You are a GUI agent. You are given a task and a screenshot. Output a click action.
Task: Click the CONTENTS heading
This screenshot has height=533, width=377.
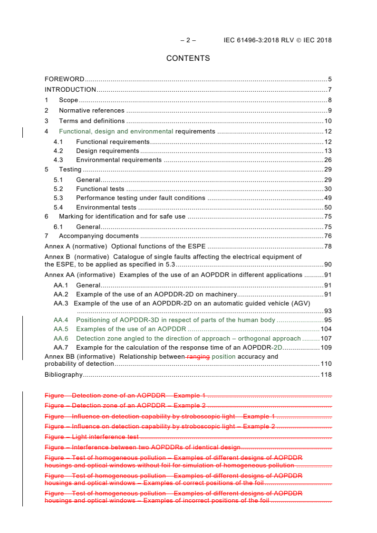[188, 58]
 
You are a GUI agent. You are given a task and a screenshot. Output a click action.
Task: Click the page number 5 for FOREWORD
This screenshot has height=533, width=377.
[329, 79]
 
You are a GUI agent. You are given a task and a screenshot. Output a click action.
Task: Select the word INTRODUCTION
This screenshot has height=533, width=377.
[70, 90]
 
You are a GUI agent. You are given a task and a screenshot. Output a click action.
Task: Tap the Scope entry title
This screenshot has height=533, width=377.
[68, 100]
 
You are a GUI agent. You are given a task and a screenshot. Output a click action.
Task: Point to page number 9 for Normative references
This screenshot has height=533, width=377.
[329, 111]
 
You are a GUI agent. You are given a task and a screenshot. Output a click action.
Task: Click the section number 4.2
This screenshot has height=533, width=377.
[58, 151]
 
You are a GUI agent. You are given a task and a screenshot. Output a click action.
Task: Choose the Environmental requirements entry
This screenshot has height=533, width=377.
[119, 160]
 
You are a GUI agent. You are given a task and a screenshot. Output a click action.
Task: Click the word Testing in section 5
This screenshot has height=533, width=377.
[70, 170]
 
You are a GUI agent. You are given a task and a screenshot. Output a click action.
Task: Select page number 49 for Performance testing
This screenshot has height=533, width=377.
[328, 198]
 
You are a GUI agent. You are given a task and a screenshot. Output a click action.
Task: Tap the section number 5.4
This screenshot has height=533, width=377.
[58, 208]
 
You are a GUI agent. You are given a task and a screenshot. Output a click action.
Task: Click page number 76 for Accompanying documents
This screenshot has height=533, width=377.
[328, 236]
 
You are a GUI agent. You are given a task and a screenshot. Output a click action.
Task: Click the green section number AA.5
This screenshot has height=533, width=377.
[61, 329]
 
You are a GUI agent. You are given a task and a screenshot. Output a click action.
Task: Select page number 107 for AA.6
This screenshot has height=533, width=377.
[326, 339]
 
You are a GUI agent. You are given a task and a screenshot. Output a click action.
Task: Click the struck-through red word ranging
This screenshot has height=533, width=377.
[199, 357]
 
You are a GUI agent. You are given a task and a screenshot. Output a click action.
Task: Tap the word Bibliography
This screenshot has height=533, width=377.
[64, 375]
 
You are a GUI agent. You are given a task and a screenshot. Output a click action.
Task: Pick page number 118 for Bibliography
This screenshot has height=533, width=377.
[326, 375]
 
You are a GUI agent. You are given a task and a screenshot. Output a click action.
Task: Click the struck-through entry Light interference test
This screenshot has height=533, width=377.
[105, 437]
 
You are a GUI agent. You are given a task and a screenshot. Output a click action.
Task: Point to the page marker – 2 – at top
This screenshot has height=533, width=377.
[188, 40]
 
